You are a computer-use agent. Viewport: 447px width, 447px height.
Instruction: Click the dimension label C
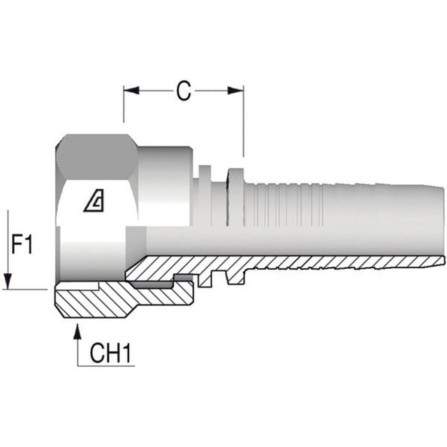[x=183, y=91]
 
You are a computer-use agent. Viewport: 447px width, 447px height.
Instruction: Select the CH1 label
[x=111, y=353]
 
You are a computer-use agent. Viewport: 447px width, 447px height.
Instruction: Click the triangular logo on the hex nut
[x=93, y=203]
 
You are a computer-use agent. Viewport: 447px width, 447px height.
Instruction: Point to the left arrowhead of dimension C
[x=130, y=90]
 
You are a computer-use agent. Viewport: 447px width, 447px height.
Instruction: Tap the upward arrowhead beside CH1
[x=77, y=328]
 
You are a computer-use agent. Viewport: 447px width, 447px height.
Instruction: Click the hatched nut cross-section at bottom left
[x=98, y=302]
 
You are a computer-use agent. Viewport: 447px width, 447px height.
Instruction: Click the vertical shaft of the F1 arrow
[x=8, y=244]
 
